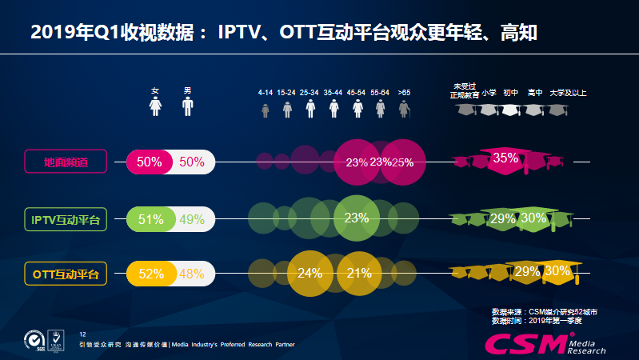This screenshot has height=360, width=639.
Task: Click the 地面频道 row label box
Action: [66, 162]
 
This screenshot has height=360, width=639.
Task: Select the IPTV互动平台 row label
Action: [66, 218]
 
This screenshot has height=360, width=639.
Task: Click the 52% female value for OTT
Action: [150, 274]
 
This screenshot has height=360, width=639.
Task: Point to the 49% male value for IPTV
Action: [192, 218]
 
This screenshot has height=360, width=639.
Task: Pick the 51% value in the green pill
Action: [150, 218]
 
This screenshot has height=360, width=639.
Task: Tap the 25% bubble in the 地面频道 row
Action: [403, 162]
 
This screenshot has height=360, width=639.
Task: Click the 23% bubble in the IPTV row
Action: [356, 218]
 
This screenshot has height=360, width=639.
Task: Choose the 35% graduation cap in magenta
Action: [505, 158]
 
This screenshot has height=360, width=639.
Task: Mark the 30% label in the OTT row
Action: [557, 271]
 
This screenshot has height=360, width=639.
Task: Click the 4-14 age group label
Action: [266, 93]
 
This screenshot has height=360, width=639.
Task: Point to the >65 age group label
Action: [404, 93]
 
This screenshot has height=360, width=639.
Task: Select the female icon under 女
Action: [157, 107]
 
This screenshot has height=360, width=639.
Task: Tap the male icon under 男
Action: [188, 107]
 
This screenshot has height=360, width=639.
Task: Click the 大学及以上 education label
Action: [568, 93]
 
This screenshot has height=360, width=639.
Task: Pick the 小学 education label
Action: [489, 93]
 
